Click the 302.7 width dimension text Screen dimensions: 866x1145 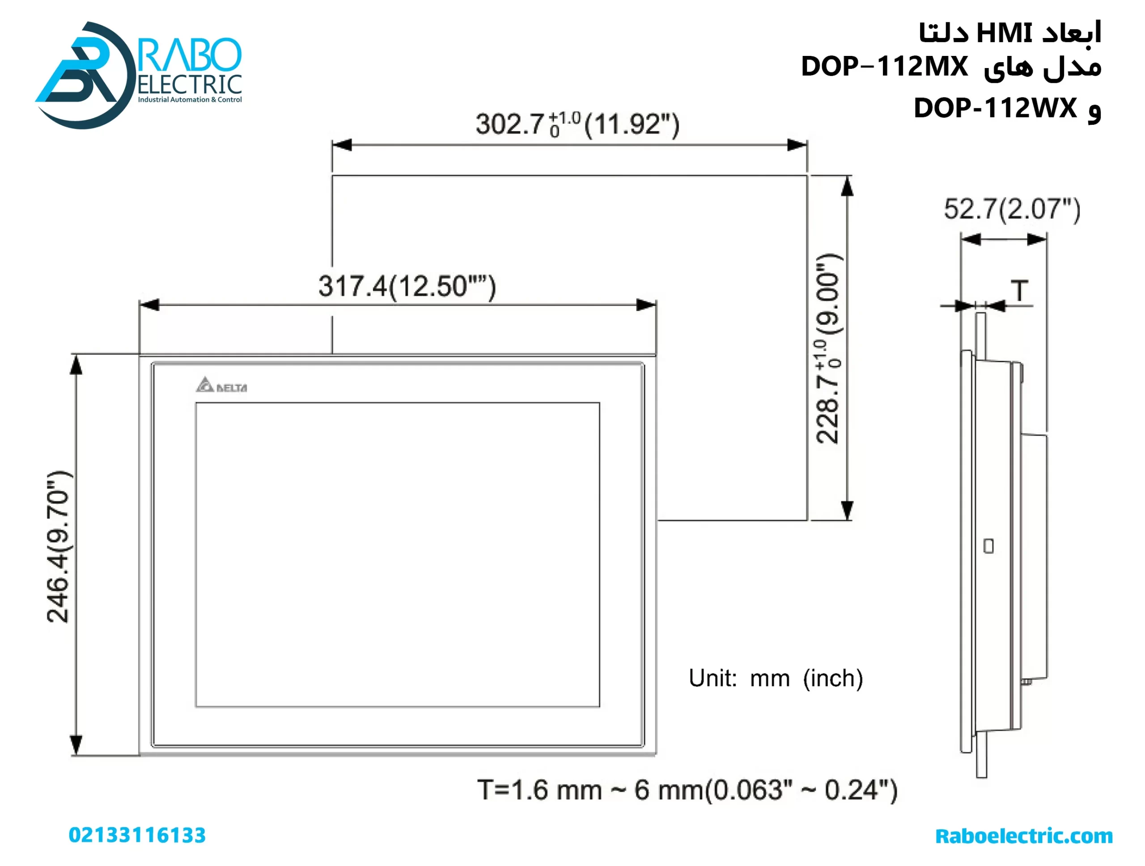click(x=577, y=124)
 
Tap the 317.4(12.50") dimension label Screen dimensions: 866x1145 click(x=407, y=286)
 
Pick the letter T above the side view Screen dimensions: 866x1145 click(x=1019, y=290)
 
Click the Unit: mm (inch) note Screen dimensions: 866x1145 click(x=776, y=678)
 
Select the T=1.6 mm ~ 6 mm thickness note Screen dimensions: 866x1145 click(x=687, y=790)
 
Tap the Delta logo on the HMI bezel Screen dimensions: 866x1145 click(x=221, y=385)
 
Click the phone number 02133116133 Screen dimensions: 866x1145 click(x=137, y=835)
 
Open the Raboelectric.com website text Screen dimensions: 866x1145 click(x=1023, y=836)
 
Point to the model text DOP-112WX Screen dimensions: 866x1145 click(x=994, y=108)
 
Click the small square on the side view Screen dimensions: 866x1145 click(x=988, y=546)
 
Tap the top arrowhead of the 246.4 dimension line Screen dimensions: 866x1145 click(x=76, y=365)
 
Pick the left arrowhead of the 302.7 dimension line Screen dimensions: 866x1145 click(x=342, y=145)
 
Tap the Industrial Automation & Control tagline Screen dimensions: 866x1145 click(x=190, y=99)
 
